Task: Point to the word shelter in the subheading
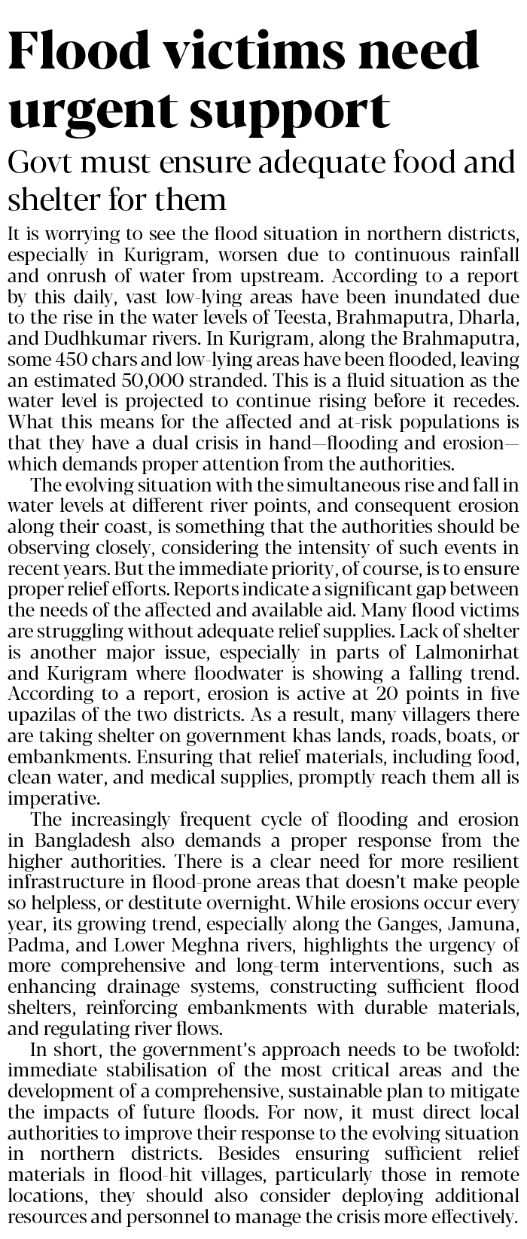click(x=50, y=199)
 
